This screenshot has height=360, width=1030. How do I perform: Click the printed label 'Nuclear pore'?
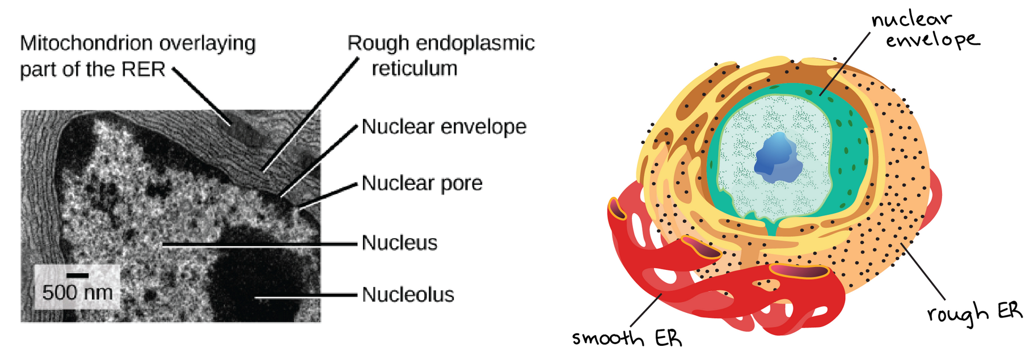point(422,183)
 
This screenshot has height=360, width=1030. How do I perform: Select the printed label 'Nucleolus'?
point(408,295)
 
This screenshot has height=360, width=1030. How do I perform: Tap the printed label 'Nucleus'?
point(399,243)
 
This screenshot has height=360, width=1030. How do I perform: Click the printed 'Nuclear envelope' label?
point(444,126)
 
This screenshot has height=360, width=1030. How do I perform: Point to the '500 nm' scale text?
point(77,293)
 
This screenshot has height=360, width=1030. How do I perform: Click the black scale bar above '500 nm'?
point(77,276)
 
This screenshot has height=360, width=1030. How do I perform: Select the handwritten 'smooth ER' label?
point(626,338)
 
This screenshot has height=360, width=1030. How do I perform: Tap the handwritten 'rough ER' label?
point(974,312)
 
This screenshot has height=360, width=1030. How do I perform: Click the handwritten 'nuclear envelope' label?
point(925,29)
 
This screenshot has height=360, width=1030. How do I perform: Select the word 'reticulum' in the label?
point(414,69)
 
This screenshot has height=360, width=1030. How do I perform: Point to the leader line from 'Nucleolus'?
point(306,295)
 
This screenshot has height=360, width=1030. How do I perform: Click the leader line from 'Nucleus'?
point(261,244)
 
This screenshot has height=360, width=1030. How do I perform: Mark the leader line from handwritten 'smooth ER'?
point(646,310)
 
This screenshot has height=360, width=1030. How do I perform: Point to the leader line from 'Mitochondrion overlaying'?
point(202,96)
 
